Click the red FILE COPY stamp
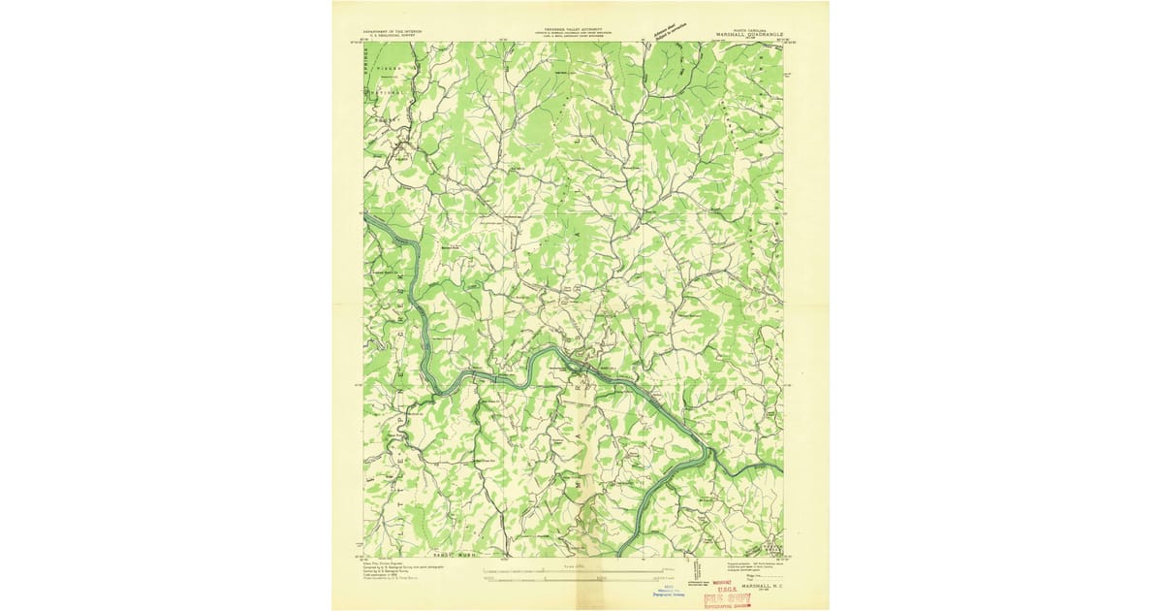pos(727,598)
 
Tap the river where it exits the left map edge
pos(367,221)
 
